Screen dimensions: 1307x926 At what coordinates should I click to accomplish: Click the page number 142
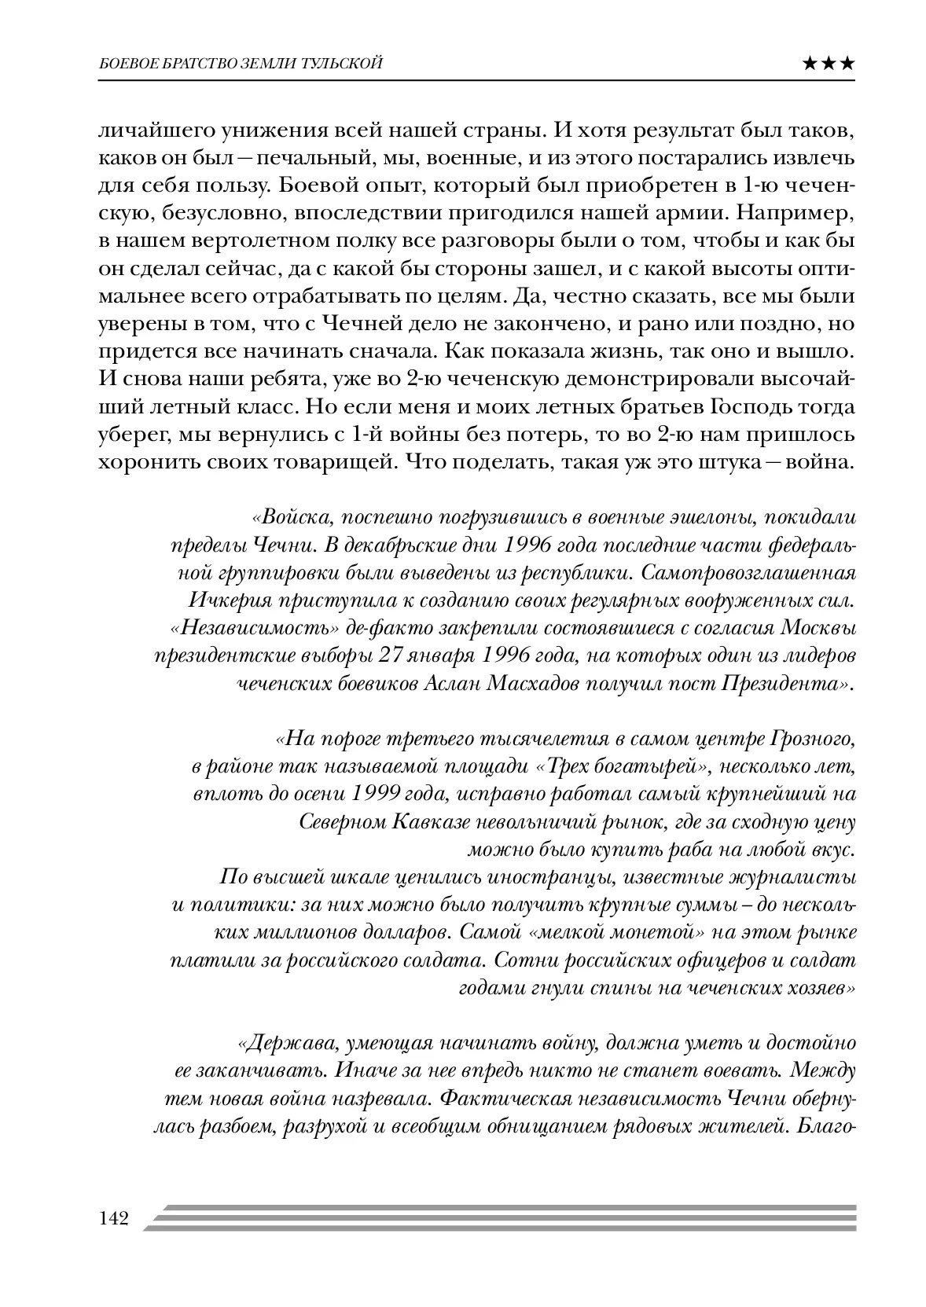click(x=113, y=1219)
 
